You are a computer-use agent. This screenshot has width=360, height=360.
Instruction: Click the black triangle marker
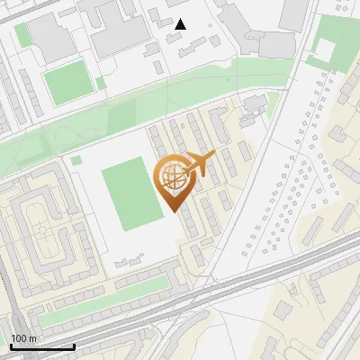click(181, 23)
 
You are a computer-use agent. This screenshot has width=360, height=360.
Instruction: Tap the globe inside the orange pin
click(172, 178)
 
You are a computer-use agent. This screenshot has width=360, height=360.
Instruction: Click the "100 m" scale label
click(23, 337)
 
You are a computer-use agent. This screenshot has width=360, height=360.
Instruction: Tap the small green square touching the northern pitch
click(101, 84)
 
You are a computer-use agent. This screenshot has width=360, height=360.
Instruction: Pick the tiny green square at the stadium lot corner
click(76, 161)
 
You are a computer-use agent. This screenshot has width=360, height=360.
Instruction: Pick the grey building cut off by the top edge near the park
click(293, 13)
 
